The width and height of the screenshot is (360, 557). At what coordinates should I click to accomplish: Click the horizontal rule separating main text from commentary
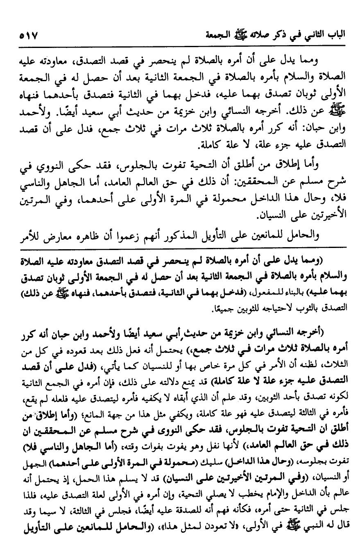(180, 247)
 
